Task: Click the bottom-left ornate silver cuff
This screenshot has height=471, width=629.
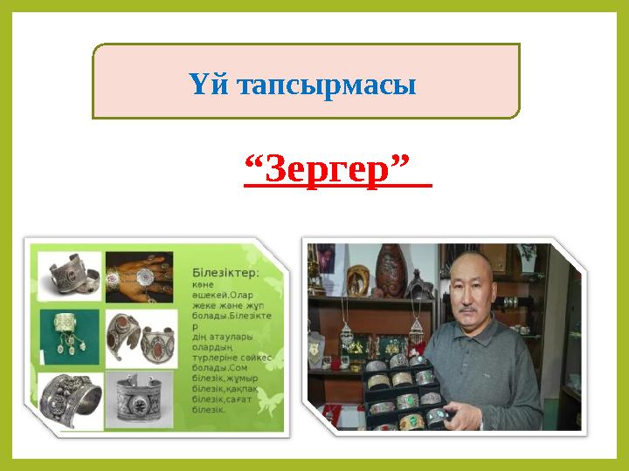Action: coord(70,399)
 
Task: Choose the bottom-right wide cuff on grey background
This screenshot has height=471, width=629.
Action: coord(138,399)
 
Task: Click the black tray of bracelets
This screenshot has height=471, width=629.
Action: coord(402,392)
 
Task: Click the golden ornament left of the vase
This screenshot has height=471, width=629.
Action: coord(357,279)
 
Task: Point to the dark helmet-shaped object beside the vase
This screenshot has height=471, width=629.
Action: coord(420,284)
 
